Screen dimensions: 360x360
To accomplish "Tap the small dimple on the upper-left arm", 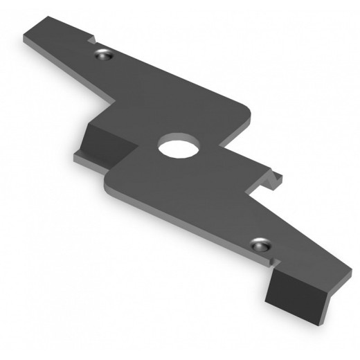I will click(104, 55).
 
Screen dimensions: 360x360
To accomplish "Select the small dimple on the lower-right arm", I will click(261, 244).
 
